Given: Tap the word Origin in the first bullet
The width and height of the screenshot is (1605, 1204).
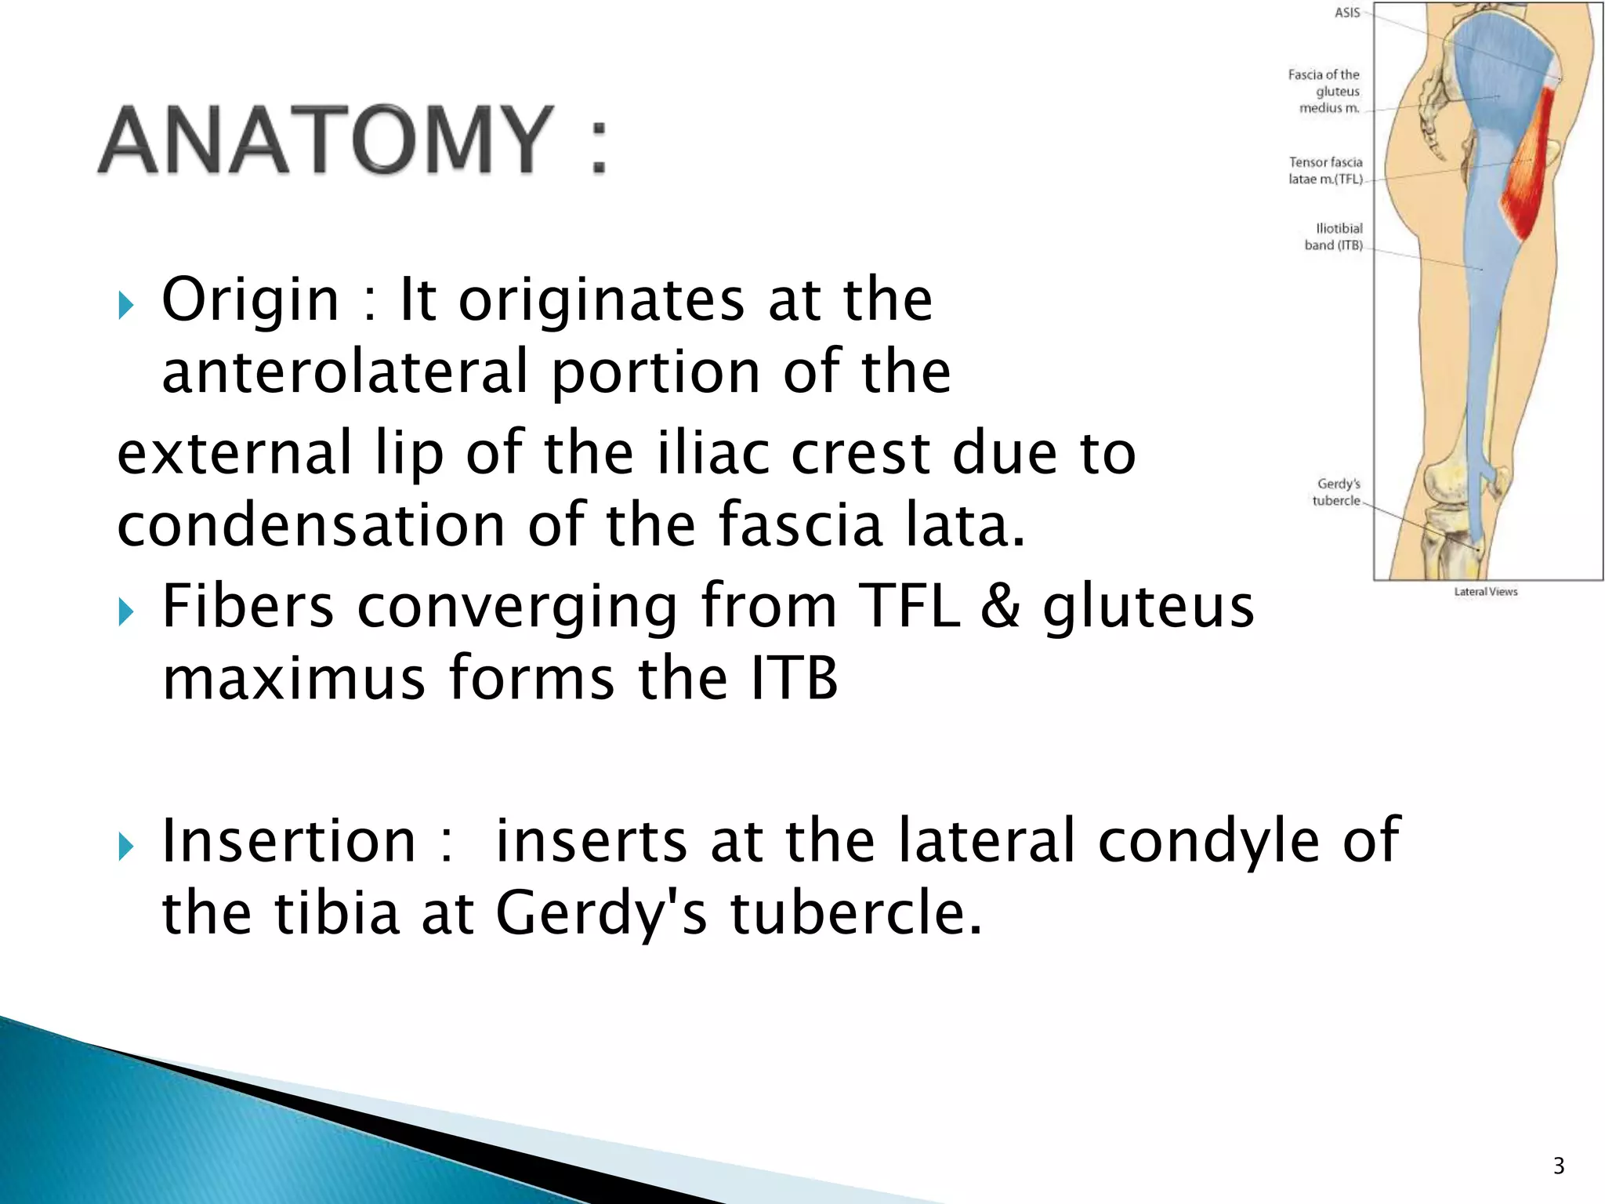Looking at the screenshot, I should click(x=250, y=299).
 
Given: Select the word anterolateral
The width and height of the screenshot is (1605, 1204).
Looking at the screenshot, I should click(x=345, y=372).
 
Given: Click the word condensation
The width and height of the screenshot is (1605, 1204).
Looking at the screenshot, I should click(x=311, y=524).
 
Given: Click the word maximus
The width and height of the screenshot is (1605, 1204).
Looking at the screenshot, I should click(x=294, y=678).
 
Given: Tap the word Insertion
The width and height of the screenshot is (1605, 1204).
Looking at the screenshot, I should click(x=288, y=841).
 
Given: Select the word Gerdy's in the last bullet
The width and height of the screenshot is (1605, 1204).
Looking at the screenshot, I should click(x=601, y=913).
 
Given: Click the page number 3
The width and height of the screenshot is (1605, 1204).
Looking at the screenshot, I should click(x=1559, y=1166).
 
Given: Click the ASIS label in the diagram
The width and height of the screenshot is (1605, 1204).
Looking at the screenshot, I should click(x=1347, y=13).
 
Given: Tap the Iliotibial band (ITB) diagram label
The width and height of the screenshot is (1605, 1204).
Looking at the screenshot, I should click(x=1334, y=237).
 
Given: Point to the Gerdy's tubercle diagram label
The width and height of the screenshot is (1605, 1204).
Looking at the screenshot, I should click(x=1338, y=492).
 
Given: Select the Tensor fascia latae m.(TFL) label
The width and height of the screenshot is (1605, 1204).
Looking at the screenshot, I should click(x=1326, y=170).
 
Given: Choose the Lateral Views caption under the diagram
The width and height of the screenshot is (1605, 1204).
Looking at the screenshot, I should click(x=1485, y=592).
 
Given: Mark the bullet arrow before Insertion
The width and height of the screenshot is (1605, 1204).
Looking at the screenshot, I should click(x=126, y=847).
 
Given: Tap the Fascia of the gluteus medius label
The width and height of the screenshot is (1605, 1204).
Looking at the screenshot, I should click(x=1324, y=91).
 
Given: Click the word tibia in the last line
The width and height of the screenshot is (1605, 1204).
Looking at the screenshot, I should click(x=337, y=913).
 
